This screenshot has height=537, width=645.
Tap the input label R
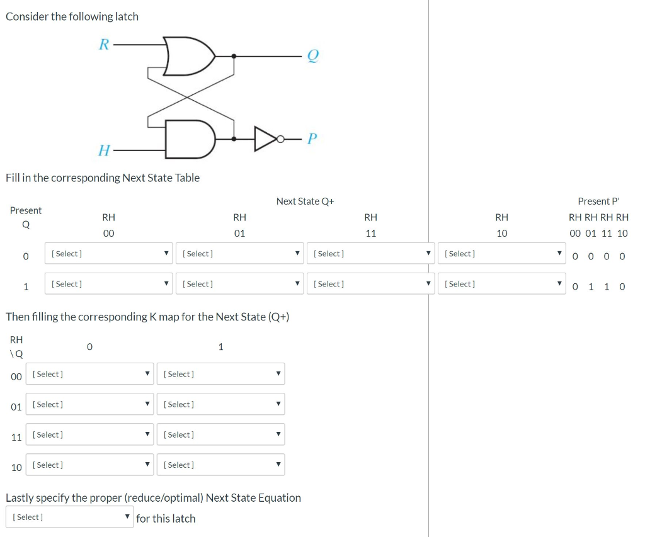pos(104,45)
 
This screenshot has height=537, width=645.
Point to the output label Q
pos(312,57)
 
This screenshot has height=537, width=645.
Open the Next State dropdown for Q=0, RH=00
pos(109,254)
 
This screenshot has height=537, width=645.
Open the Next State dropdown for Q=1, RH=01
pos(240,284)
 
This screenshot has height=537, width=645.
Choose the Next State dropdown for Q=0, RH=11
pos(371,254)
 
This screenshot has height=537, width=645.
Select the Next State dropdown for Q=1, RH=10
pos(502,284)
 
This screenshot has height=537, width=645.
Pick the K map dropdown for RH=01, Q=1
pos(220,404)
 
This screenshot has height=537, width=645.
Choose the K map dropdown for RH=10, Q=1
pos(220,465)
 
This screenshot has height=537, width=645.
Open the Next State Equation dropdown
pos(70,517)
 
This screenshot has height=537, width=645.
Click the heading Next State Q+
pos(305,201)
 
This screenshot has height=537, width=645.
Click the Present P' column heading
pos(598,201)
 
